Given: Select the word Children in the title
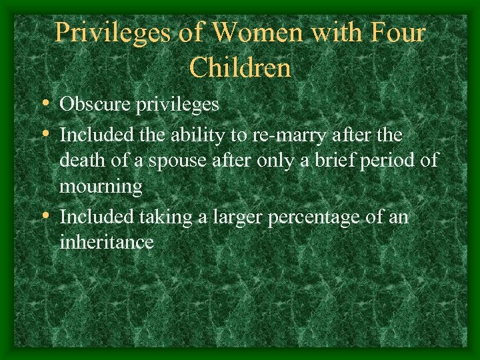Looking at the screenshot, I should pos(240,67).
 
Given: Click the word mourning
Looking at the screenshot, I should pos(101,187).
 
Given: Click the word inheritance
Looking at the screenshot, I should pos(107,242).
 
